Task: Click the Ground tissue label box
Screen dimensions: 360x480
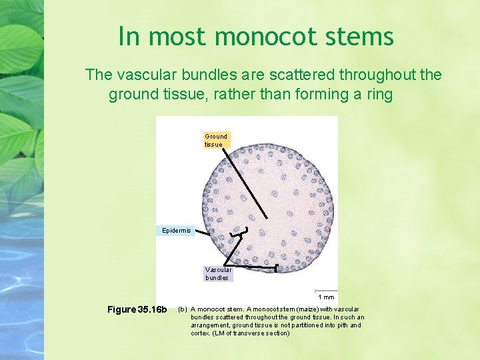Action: pyautogui.click(x=216, y=140)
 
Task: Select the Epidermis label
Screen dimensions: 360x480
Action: pyautogui.click(x=177, y=231)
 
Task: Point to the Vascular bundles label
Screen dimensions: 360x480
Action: pyautogui.click(x=219, y=273)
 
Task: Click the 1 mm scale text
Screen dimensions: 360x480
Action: pyautogui.click(x=326, y=297)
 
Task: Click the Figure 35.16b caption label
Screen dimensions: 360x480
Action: pyautogui.click(x=137, y=309)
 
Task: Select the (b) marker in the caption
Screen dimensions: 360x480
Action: pyautogui.click(x=182, y=309)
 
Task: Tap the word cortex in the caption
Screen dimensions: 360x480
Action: pyautogui.click(x=201, y=333)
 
